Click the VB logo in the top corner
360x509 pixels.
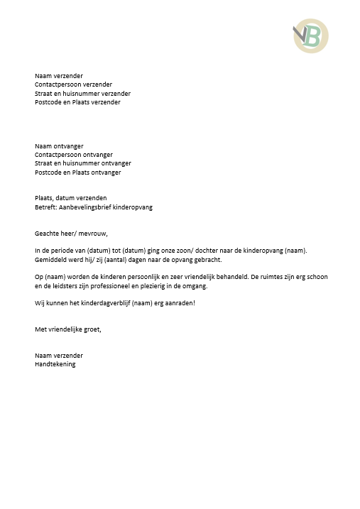(311, 36)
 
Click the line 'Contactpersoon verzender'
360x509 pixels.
(73, 84)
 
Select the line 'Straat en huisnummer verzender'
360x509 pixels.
(82, 93)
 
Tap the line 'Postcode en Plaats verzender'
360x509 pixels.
(77, 102)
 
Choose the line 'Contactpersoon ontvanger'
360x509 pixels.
(74, 155)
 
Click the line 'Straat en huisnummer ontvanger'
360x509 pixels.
(82, 163)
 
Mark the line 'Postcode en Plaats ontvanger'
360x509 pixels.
(78, 173)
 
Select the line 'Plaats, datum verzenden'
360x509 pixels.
(71, 198)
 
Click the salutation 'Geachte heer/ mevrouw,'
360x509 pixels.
(71, 234)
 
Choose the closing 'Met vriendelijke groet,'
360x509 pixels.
(68, 329)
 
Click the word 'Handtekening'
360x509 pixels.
(55, 364)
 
